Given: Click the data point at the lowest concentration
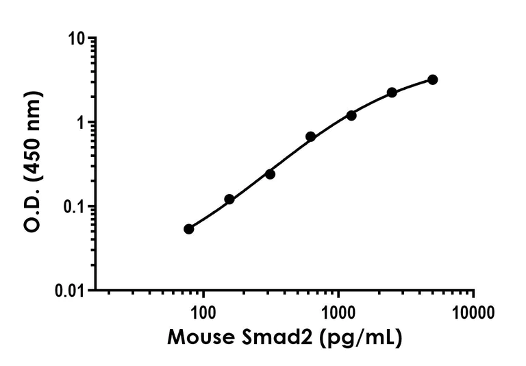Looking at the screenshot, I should click(189, 229).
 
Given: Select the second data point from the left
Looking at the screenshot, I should click(229, 199).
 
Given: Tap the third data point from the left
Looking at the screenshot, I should click(270, 174).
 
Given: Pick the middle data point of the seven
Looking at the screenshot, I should click(310, 136).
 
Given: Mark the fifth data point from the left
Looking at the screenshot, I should click(351, 115).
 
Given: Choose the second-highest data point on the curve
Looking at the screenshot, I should click(392, 93).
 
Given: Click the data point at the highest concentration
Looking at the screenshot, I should click(432, 80).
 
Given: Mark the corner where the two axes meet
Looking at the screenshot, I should click(95, 289).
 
